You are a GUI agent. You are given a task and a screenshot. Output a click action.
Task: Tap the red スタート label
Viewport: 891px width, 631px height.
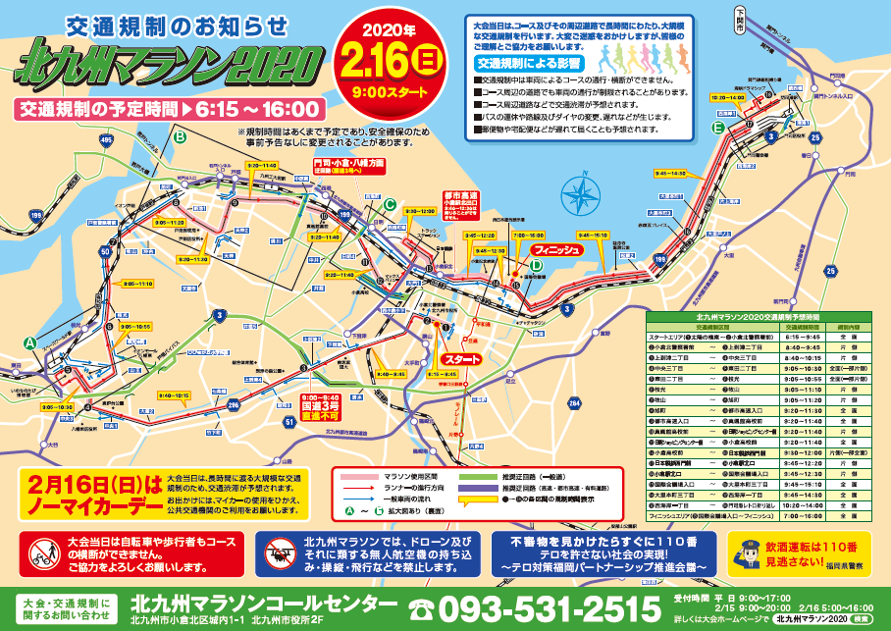tap(462, 359)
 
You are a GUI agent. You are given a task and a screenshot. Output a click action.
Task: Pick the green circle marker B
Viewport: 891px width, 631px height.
tap(180, 138)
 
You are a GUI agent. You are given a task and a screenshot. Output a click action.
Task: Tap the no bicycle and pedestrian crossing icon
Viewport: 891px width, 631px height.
tap(42, 555)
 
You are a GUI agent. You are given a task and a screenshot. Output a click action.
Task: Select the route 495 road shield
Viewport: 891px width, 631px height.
tap(105, 140)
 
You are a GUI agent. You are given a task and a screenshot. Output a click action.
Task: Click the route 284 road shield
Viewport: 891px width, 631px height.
tap(574, 402)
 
